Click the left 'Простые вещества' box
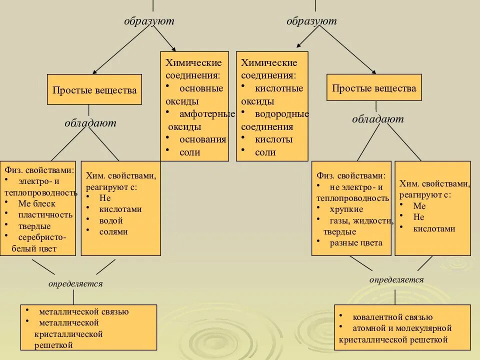94,90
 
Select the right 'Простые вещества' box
374,88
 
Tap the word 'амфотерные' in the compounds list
207,113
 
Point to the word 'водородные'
282,113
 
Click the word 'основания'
202,139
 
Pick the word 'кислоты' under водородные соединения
273,139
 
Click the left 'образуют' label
149,21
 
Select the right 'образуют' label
311,21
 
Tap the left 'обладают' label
90,122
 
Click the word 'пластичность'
45,215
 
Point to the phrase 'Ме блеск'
37,203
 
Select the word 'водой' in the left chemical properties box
110,220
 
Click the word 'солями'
113,231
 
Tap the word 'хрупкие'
346,209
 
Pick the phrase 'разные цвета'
356,243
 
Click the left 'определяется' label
75,284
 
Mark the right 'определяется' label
396,279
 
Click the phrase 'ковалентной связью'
392,317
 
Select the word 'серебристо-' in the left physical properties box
42,237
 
